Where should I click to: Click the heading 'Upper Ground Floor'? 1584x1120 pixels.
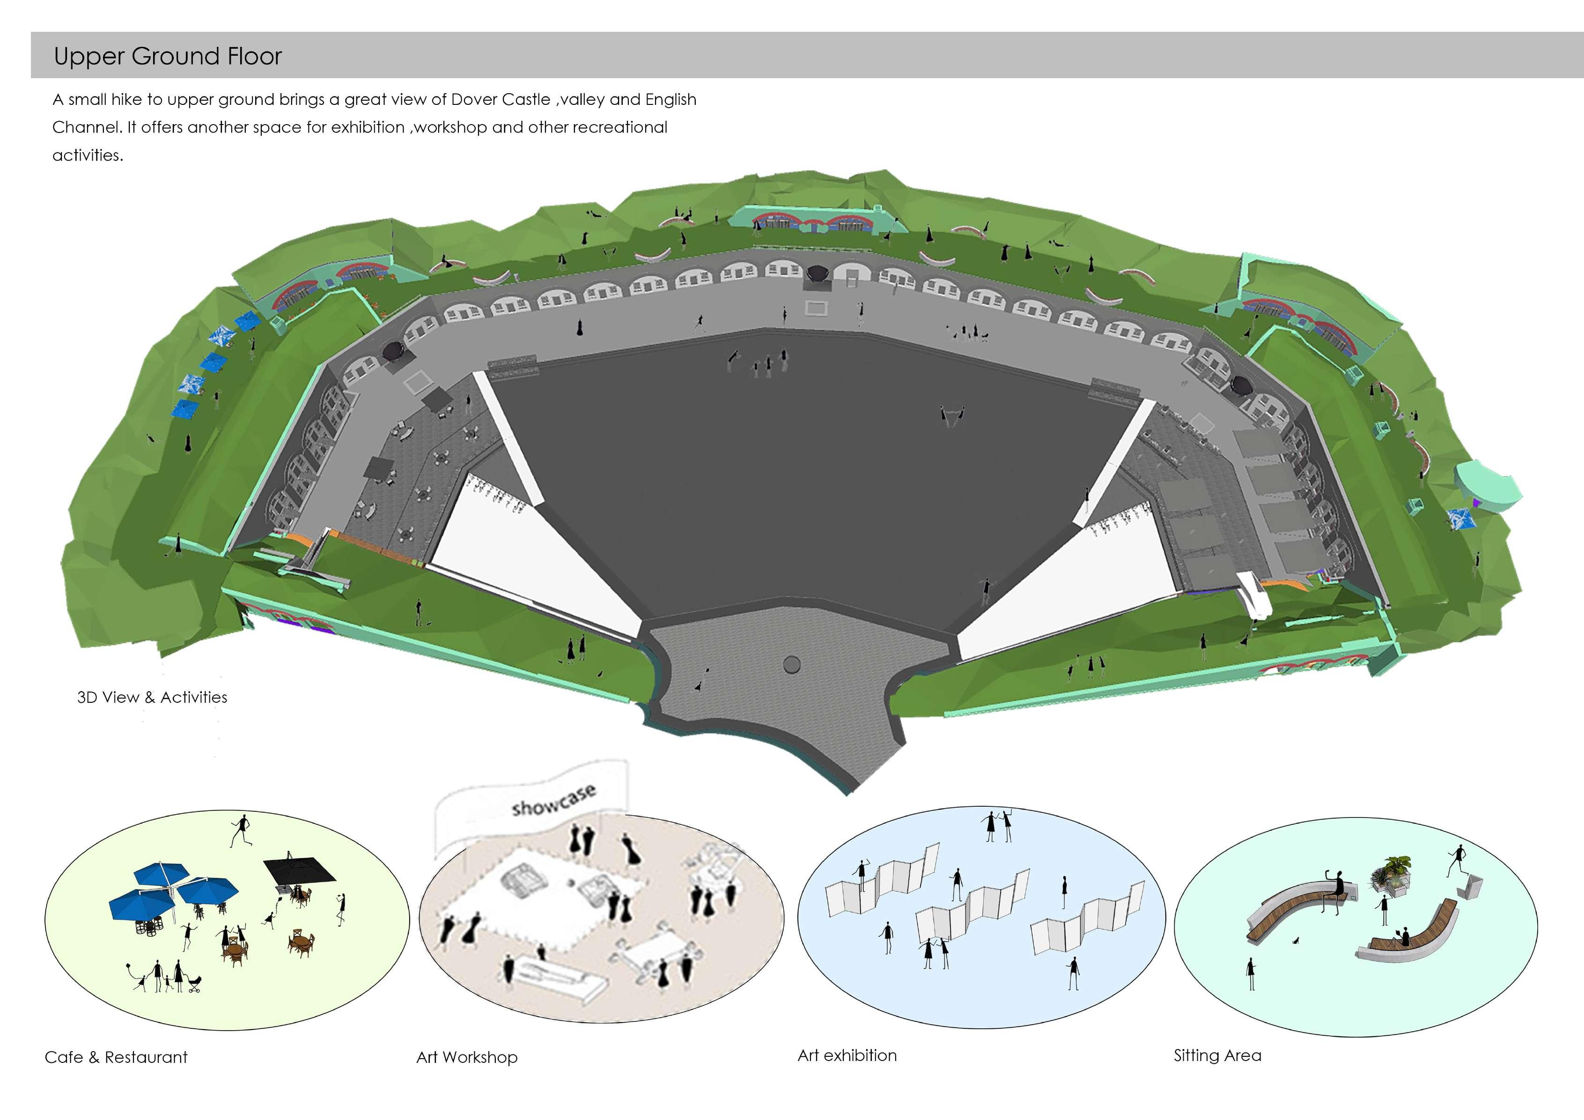(x=168, y=56)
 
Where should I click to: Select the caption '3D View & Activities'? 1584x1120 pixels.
(x=152, y=697)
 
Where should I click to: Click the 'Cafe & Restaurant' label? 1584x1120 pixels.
(x=116, y=1057)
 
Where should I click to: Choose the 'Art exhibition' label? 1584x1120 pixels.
(x=847, y=1055)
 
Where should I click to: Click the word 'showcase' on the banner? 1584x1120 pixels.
(x=553, y=800)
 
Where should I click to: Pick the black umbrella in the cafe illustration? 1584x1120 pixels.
(x=299, y=870)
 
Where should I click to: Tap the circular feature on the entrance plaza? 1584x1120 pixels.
(x=792, y=664)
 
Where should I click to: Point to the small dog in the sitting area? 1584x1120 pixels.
(x=1297, y=941)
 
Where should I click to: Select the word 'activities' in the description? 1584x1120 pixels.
(x=87, y=155)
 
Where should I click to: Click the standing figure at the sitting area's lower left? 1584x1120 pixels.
(x=1251, y=973)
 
